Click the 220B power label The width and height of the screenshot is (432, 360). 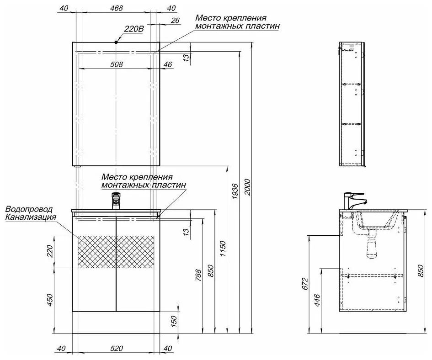point(133,29)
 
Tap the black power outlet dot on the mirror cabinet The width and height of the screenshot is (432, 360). point(116,42)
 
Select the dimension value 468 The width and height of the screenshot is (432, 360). point(117,8)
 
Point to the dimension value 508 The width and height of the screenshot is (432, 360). point(117,64)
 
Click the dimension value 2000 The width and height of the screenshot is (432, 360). point(247,187)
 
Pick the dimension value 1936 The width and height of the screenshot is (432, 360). point(235,191)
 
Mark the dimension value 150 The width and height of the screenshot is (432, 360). point(174,322)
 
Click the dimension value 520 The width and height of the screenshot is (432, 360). point(117,349)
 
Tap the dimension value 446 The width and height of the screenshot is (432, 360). point(317,301)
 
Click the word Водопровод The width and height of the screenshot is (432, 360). point(29,209)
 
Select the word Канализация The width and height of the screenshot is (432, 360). point(31,217)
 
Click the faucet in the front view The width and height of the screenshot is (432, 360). point(116,200)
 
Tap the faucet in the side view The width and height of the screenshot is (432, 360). point(354,201)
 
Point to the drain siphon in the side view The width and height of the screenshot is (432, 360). point(373,244)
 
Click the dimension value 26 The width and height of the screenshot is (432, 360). point(175,21)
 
